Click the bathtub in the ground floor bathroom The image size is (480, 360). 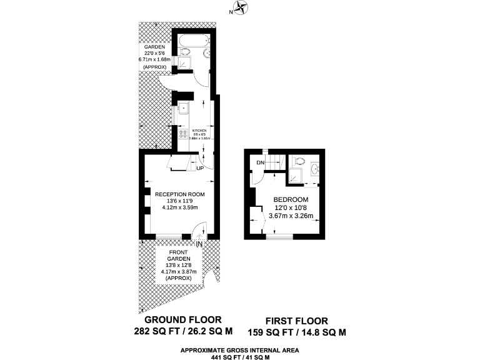(193, 43)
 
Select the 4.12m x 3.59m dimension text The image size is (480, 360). (180, 207)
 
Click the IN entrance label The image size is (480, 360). (199, 244)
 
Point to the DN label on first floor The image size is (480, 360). (261, 164)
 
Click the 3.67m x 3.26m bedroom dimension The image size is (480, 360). (290, 216)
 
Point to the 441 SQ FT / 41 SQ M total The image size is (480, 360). (240, 357)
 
